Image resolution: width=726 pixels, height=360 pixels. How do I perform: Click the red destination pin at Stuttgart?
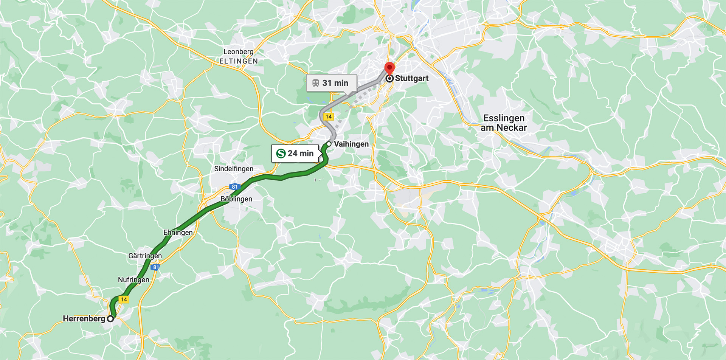pos(389,69)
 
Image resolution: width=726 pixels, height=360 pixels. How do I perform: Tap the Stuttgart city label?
pos(411,78)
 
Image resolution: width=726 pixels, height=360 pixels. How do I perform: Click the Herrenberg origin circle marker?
pos(110,319)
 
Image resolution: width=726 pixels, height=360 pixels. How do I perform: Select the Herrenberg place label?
pos(84,319)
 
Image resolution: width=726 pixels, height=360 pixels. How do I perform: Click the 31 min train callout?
pos(331,83)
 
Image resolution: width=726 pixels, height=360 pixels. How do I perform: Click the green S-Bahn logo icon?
pos(281,154)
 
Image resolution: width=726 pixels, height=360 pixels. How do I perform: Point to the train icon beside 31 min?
pos(316,83)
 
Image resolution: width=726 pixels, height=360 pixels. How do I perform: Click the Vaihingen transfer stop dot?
pos(329,144)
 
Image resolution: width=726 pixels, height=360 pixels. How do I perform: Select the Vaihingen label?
pos(351,144)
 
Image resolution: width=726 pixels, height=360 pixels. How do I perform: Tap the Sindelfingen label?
pos(234,169)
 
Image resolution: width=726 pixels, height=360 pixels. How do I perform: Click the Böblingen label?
pos(236,199)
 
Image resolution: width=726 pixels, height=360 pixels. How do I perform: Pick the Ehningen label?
pos(178,233)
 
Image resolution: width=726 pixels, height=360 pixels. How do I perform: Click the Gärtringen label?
pos(145,256)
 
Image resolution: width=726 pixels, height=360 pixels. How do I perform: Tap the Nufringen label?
pos(133,280)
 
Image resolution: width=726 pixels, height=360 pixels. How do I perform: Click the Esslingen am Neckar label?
pos(504,123)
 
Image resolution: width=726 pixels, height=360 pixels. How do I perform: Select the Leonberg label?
pos(238,52)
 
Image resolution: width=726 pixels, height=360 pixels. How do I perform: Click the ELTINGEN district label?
pos(239,61)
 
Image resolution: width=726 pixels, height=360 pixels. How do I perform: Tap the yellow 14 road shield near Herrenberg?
pos(124,299)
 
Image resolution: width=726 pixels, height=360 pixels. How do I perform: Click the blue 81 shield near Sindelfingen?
pos(234,187)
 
